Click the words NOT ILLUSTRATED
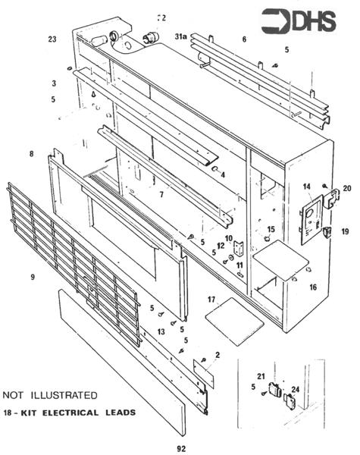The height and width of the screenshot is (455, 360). tap(50, 395)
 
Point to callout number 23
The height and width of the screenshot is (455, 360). tap(52, 39)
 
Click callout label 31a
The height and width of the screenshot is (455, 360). tap(182, 36)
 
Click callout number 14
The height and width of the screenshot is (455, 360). tap(307, 186)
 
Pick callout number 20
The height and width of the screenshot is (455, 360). tap(347, 188)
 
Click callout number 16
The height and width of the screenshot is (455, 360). tap(313, 287)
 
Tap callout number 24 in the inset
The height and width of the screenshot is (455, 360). tap(296, 391)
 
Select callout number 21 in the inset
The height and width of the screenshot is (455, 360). tap(261, 377)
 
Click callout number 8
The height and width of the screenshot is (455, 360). tap(31, 154)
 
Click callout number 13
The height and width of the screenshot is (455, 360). tap(161, 331)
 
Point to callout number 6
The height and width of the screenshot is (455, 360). tap(244, 39)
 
